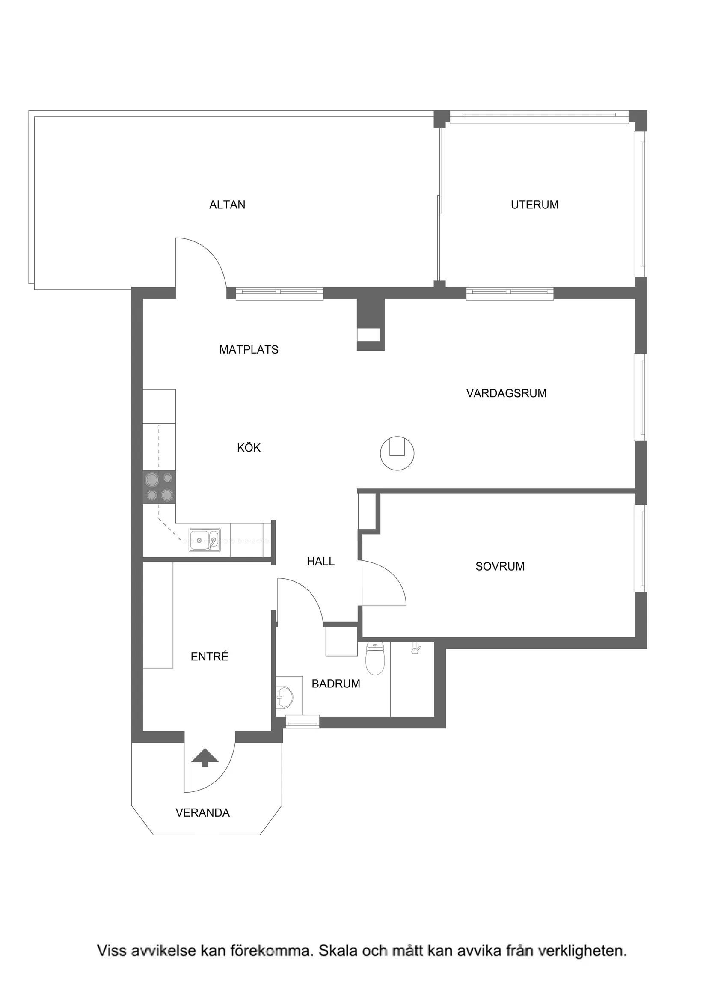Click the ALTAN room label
click(x=227, y=205)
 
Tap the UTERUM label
click(x=534, y=205)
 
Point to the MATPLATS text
click(x=249, y=349)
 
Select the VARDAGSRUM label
click(x=506, y=393)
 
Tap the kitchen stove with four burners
click(x=159, y=487)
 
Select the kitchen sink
click(x=205, y=541)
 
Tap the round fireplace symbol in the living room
click(x=397, y=453)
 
